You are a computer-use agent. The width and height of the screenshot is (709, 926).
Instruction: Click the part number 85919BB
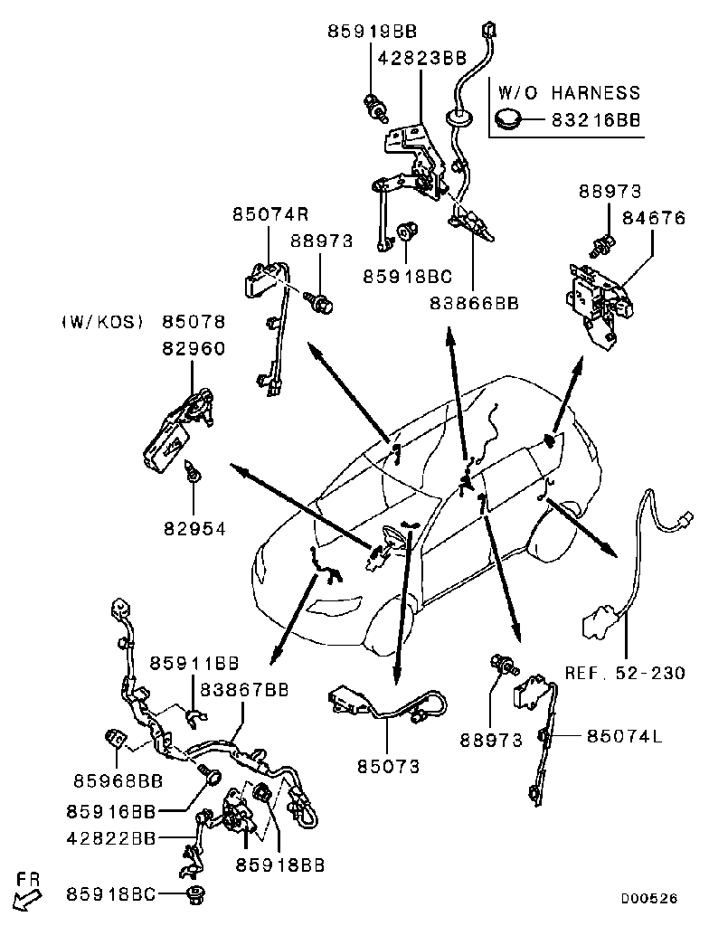[372, 32]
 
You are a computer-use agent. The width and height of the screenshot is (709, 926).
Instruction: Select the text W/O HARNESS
[569, 92]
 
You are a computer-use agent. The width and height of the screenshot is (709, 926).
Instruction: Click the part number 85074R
[270, 214]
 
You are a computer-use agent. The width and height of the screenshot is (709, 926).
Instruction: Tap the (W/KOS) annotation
[102, 322]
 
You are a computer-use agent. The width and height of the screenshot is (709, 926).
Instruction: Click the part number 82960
[194, 348]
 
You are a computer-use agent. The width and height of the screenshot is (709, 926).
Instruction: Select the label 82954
[194, 527]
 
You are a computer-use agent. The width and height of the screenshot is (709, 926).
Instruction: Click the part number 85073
[389, 767]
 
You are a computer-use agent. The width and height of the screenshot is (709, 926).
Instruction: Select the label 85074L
[625, 736]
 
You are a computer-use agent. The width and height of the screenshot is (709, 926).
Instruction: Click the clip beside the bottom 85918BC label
[194, 894]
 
